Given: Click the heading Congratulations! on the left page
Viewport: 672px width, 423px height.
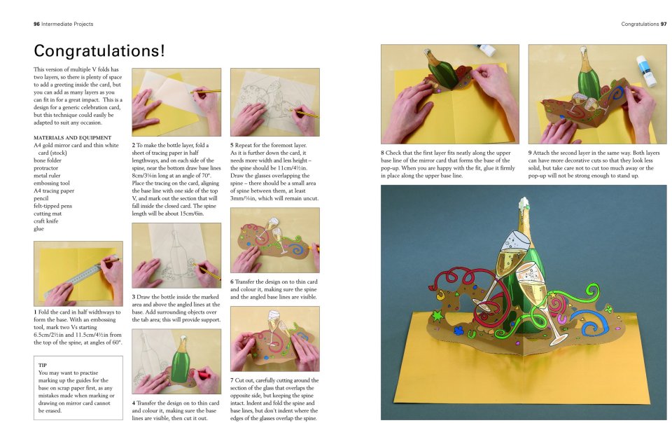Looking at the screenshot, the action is click(x=99, y=50).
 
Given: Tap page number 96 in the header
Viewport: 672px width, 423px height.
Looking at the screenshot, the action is click(x=36, y=24).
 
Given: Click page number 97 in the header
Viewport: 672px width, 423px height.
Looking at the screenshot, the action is click(x=664, y=24).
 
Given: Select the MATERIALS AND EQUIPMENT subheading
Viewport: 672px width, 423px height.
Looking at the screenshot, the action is click(x=72, y=137).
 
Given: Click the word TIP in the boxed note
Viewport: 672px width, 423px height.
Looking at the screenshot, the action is click(x=43, y=365).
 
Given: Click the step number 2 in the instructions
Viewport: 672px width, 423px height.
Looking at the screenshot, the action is click(x=133, y=145).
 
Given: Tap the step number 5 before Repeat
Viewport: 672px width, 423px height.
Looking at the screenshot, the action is click(x=232, y=145).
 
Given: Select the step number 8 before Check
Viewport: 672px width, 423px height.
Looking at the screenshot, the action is click(x=382, y=153).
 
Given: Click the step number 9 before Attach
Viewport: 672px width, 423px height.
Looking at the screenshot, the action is click(x=530, y=153).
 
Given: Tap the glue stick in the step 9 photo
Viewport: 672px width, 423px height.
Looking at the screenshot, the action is click(x=646, y=70).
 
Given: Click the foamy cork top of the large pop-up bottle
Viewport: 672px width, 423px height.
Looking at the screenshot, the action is click(x=524, y=206).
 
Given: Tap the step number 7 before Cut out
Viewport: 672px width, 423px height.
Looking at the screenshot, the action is click(x=232, y=380).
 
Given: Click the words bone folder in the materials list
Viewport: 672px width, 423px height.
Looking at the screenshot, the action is click(x=48, y=160).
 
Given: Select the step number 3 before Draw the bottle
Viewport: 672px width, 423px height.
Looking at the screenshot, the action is click(x=133, y=296).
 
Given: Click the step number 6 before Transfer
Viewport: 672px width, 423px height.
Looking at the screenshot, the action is click(x=232, y=282).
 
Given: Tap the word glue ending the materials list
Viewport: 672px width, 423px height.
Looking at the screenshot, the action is click(x=38, y=229).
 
